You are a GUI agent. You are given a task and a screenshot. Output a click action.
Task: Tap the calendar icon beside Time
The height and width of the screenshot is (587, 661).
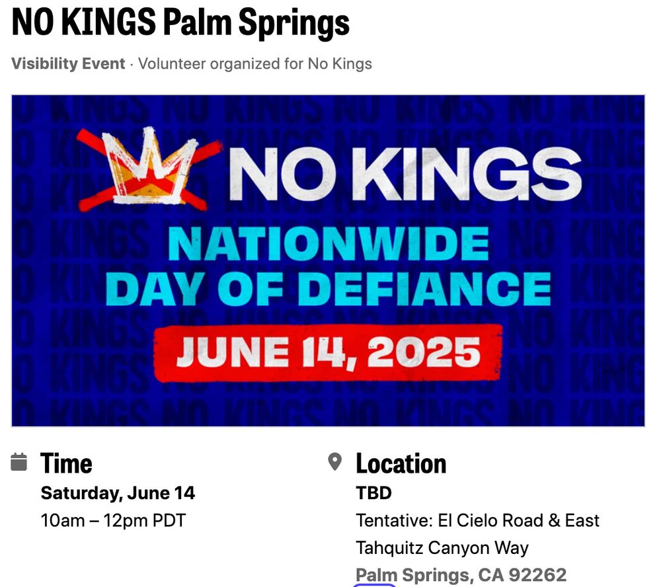coord(19,462)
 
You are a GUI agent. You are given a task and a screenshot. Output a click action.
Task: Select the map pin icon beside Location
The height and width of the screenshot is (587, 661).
coord(334,462)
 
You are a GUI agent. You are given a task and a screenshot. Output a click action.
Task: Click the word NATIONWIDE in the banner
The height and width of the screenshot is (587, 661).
coord(329,244)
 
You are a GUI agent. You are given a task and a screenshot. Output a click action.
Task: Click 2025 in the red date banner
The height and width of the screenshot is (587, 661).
coord(424,352)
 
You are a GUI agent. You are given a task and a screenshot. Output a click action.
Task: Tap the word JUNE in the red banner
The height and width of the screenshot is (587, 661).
coord(233,352)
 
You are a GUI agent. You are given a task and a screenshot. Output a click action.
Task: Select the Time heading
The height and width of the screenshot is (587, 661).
coord(66,463)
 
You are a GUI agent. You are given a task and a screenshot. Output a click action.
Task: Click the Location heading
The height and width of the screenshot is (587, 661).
coord(401,463)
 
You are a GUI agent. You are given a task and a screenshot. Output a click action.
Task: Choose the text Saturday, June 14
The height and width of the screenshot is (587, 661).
coord(118,493)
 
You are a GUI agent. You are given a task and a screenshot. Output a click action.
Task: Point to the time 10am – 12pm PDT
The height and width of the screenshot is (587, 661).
coord(113,520)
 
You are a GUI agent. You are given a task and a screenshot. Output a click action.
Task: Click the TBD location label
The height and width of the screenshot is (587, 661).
coord(374,492)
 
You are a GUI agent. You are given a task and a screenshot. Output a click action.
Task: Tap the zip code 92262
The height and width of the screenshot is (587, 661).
coord(537,575)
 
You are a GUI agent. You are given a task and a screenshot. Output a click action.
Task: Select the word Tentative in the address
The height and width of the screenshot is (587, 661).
coord(394,520)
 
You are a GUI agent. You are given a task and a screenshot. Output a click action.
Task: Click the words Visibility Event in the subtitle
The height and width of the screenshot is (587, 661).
coord(68,63)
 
